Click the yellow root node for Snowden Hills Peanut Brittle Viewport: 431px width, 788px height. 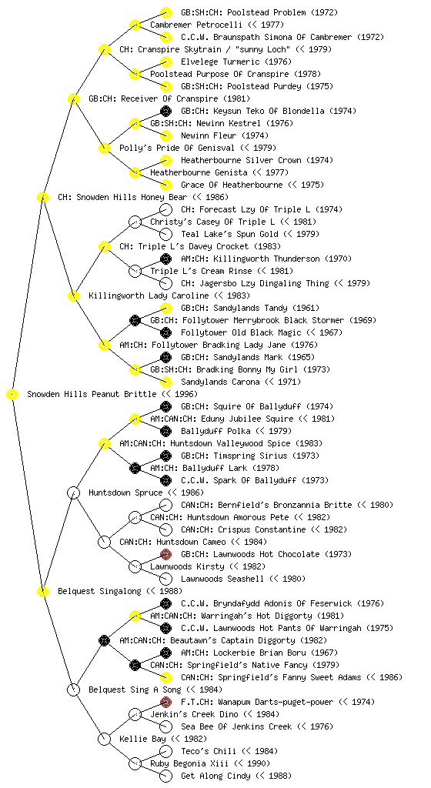[x=12, y=395]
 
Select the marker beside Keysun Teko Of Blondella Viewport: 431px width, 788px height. [x=165, y=111]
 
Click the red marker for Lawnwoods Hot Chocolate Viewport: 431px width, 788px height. [x=165, y=554]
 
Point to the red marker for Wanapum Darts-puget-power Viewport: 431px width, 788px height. [x=165, y=702]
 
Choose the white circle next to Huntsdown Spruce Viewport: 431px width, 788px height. [x=73, y=493]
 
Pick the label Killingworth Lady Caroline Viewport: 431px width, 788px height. [x=149, y=295]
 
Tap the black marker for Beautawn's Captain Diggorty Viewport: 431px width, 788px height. [x=104, y=641]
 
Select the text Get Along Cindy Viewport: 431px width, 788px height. [x=215, y=776]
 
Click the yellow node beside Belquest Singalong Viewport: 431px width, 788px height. [x=42, y=592]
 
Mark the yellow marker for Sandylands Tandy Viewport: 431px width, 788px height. [x=165, y=308]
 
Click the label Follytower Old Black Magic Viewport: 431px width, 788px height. [x=241, y=332]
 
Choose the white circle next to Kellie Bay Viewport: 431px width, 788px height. [x=104, y=740]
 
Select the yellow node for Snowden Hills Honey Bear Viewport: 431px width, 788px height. [x=42, y=198]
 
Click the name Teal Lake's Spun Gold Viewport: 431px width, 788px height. [x=229, y=234]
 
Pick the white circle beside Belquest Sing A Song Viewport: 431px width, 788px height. [x=73, y=690]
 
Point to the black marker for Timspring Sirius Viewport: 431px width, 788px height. [x=165, y=456]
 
